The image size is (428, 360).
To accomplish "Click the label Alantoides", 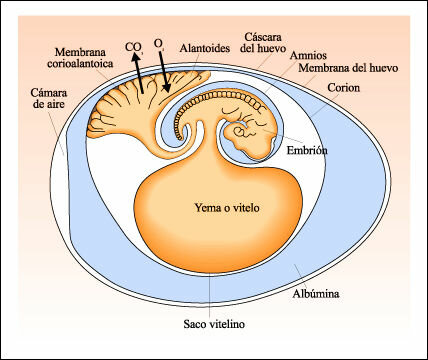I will point(207,46).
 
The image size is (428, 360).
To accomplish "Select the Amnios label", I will point(307,56).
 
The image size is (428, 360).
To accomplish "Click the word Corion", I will point(341,88).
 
